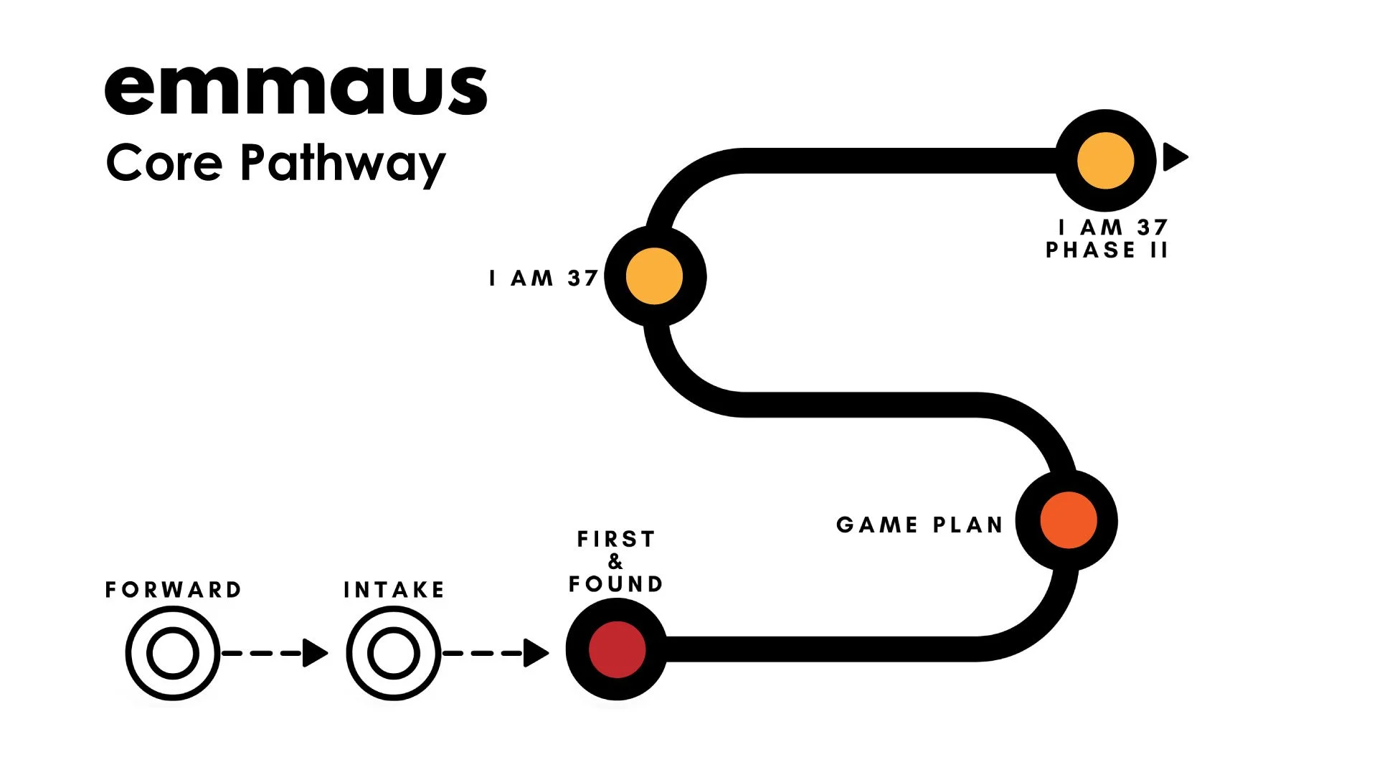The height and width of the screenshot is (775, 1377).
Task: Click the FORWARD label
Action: click(174, 590)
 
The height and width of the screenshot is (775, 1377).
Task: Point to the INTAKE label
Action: click(394, 590)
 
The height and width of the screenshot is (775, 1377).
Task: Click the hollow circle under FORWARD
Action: click(173, 653)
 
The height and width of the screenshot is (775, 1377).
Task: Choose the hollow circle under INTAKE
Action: click(394, 653)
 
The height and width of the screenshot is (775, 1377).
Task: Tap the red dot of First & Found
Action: click(617, 649)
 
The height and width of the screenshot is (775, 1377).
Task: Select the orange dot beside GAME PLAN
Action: click(1068, 520)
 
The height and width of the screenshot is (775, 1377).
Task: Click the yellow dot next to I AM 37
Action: click(654, 276)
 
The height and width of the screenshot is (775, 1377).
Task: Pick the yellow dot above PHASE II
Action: click(1105, 161)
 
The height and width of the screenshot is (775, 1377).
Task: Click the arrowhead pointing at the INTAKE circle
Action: click(314, 653)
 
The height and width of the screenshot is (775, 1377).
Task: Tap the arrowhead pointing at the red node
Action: click(535, 653)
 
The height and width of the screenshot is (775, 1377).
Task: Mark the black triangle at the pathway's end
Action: click(1174, 157)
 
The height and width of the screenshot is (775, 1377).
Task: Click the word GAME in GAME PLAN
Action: click(876, 525)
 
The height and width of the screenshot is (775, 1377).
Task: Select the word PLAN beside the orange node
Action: click(967, 525)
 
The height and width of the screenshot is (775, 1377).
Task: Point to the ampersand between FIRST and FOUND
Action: click(615, 561)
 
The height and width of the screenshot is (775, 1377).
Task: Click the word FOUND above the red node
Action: click(615, 584)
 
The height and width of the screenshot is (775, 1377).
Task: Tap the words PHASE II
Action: click(1107, 250)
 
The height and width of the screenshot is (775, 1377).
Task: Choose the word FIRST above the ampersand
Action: click(616, 539)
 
